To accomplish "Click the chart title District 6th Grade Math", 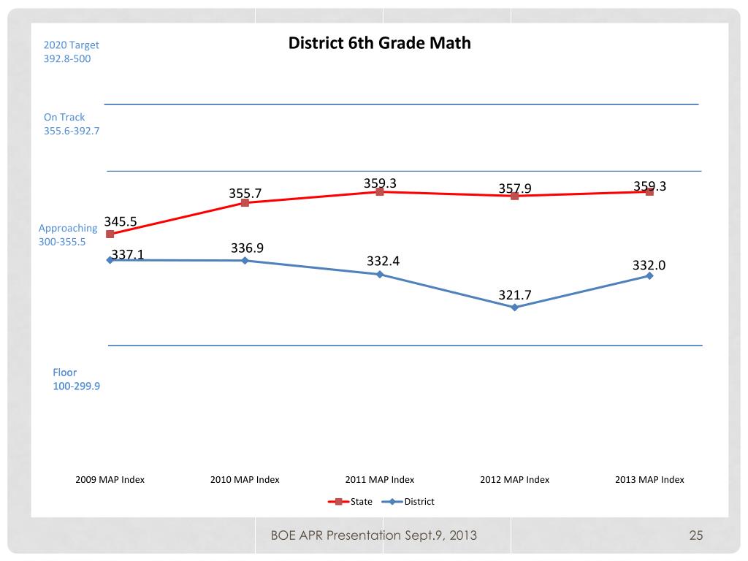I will coord(379,42).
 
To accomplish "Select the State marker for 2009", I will coord(110,234).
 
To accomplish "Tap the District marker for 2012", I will coord(515,308).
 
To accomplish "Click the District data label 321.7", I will coord(515,295).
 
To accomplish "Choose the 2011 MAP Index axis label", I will coord(380,480).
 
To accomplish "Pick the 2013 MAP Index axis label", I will coord(649,480).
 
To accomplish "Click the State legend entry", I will coord(350,502).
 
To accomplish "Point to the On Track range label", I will coord(71,124).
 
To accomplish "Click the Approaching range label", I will coord(67,234).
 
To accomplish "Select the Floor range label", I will coord(75,379).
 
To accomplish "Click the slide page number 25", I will coord(695,535).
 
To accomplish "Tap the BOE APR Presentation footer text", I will coord(373,535).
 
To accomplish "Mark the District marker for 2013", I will coord(649,275).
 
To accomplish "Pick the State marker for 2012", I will coord(515,196).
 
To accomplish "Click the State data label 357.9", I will coord(515,188).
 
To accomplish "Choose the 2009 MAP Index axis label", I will coord(110,480).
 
